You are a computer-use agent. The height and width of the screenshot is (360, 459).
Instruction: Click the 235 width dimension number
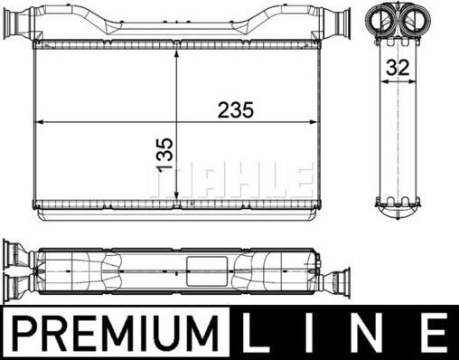pos(234,109)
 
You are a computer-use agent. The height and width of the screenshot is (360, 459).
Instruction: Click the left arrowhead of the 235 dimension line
pos(38,122)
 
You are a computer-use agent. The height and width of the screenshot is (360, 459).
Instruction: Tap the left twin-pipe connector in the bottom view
pos(18,269)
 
